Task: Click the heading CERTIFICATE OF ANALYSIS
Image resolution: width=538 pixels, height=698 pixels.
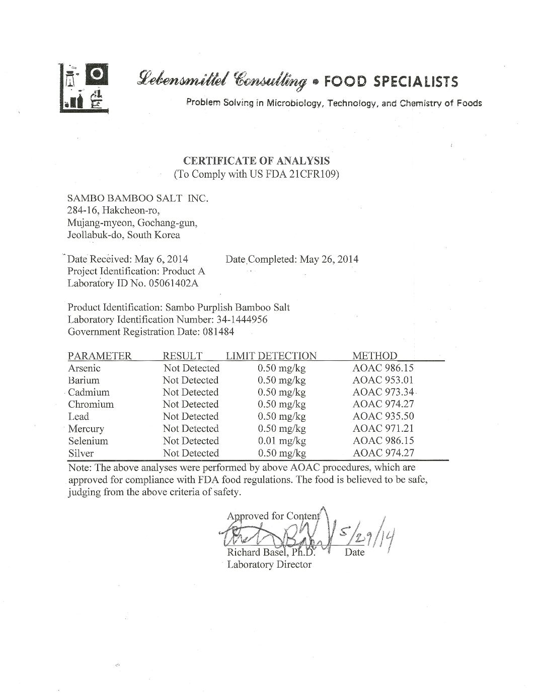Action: pos(256,161)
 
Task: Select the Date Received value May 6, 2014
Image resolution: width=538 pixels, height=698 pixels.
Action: pos(161,259)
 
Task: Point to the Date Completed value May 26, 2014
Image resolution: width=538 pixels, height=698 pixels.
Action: pos(329,259)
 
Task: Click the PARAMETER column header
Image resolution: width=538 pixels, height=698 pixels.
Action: pos(100,356)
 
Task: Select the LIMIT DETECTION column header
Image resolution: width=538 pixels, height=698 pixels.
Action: pos(271,356)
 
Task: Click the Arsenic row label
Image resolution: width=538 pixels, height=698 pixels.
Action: pos(84,368)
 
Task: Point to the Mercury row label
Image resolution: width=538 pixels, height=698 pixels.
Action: pos(86,429)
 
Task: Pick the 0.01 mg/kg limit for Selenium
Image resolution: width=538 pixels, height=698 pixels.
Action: pos(281,441)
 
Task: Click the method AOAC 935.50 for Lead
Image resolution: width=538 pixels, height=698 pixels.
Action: pos(383,417)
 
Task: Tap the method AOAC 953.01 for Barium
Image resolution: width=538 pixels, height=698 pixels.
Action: pos(383,380)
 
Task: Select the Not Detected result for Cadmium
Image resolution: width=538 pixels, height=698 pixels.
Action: pos(191,393)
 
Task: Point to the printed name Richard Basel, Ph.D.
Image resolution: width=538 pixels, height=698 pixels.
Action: pos(271,553)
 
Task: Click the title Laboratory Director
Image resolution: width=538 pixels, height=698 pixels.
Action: pos(269,565)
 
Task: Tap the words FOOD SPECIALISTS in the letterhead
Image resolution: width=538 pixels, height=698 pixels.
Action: pos(390,81)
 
